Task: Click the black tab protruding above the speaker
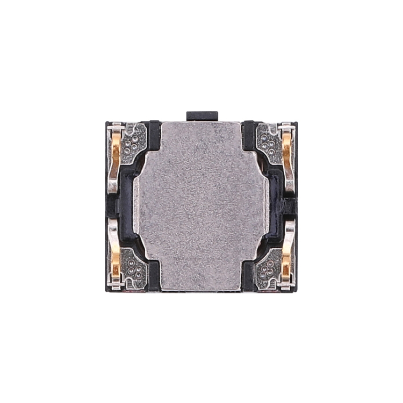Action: pyautogui.click(x=202, y=116)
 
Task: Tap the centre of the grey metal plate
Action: pyautogui.click(x=201, y=206)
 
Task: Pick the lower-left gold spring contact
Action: pyautogui.click(x=114, y=253)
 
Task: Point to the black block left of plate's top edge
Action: pyautogui.click(x=154, y=134)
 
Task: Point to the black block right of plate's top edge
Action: pyautogui.click(x=249, y=134)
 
